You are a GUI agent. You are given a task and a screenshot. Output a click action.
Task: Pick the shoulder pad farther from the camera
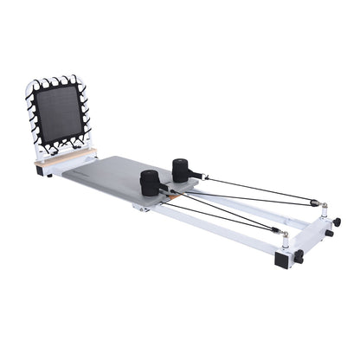point(184,169)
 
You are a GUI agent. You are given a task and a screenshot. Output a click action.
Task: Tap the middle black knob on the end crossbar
point(329,234)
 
